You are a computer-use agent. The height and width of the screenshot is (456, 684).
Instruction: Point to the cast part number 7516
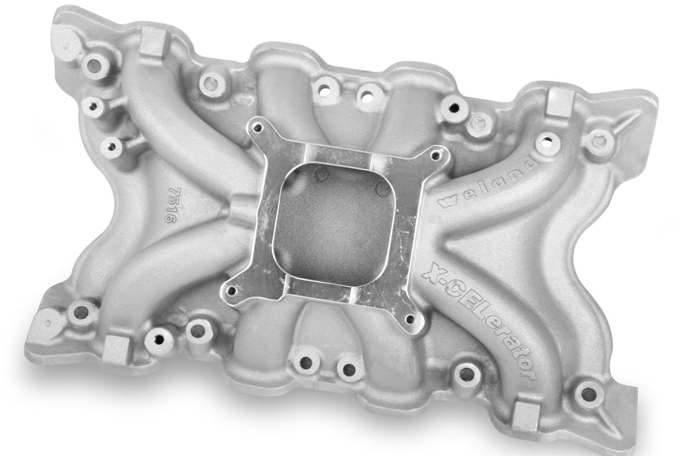tap(173, 205)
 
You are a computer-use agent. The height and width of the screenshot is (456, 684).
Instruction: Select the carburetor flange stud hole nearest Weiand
tap(435, 156)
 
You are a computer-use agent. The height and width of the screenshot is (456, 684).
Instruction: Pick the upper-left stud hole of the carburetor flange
tap(258, 128)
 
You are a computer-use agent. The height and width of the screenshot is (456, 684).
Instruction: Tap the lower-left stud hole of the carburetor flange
tap(232, 291)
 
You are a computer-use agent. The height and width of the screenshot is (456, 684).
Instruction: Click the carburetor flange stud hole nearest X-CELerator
tap(410, 319)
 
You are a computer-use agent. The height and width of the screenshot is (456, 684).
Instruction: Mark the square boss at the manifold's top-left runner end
tap(153, 43)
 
